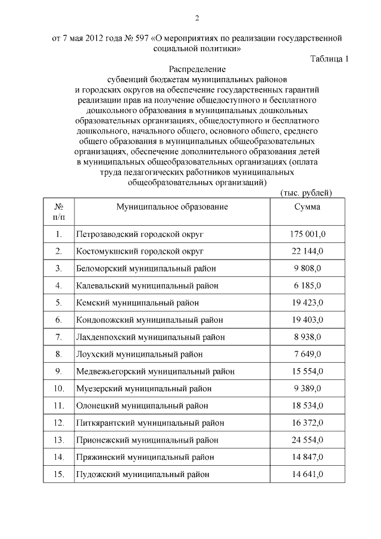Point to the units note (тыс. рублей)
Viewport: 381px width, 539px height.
pos(305,192)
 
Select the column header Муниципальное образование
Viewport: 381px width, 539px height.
pos(172,207)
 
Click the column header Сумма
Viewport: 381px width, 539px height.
pos(307,207)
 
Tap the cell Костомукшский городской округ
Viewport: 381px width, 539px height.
pos(140,251)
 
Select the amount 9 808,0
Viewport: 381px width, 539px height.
pos(307,269)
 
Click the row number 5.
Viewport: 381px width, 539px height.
pos(58,303)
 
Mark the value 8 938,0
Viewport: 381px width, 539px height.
pos(307,337)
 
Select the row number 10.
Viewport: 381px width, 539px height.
pos(58,389)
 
